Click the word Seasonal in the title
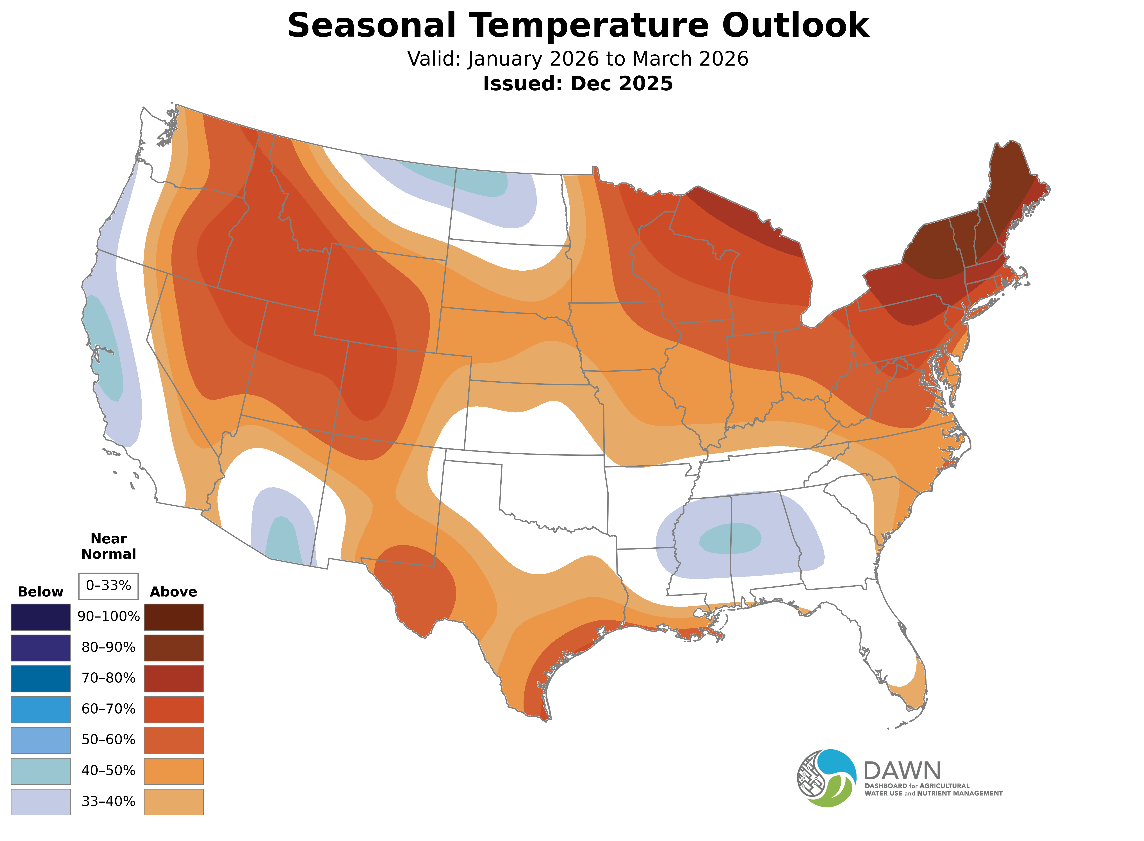click(x=371, y=25)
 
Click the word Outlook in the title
click(x=795, y=25)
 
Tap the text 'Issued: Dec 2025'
click(x=578, y=84)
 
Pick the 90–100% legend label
click(x=108, y=616)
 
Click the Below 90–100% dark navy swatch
click(x=41, y=617)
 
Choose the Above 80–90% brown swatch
click(x=174, y=648)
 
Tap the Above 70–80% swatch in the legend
click(x=174, y=679)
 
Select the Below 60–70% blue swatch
click(x=41, y=709)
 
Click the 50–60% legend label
click(x=108, y=740)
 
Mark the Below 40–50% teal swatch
click(x=41, y=771)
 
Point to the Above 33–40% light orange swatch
click(x=174, y=802)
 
